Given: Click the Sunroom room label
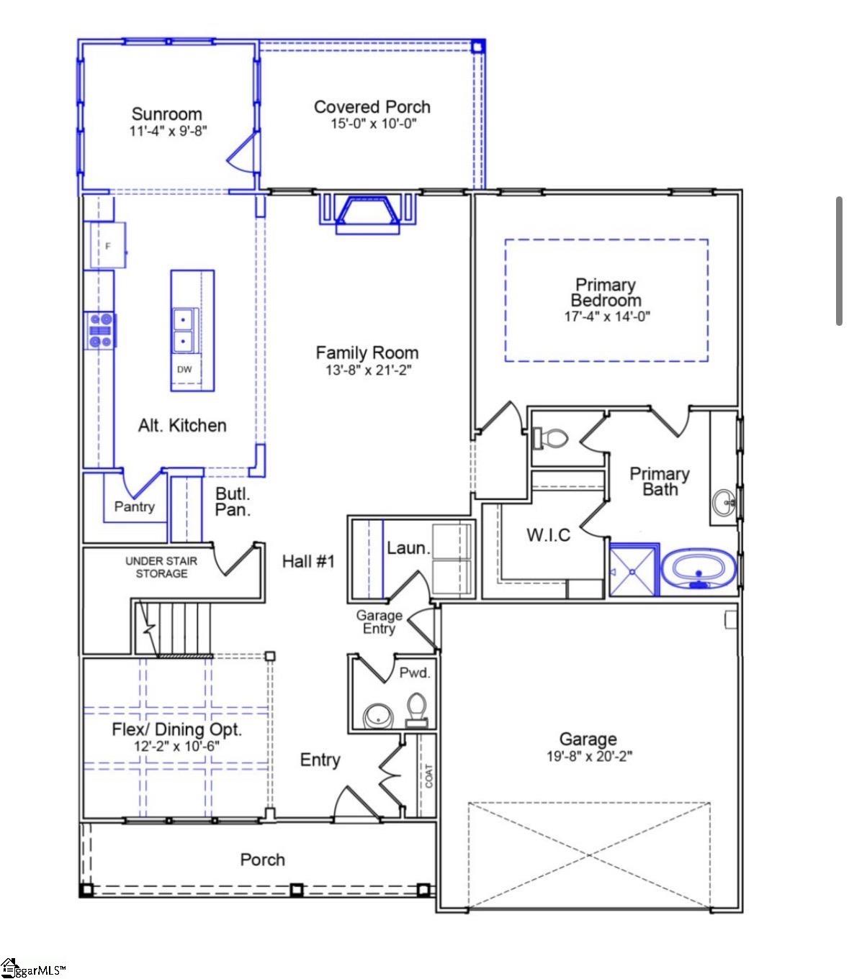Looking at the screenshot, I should (166, 114).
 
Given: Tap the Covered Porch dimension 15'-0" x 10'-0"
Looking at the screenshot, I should (372, 124).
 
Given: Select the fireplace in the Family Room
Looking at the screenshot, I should (368, 212).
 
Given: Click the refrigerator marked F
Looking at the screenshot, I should (107, 246).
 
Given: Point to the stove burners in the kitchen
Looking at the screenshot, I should (100, 331).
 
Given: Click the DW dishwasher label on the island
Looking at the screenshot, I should (184, 370).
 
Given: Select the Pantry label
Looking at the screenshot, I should (135, 506).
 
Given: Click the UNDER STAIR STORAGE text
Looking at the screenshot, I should (161, 567).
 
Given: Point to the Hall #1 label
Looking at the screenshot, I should (308, 561).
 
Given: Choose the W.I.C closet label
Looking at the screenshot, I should (548, 534).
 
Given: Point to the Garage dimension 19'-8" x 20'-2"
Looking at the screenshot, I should (589, 756).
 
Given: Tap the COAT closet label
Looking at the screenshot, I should (429, 775).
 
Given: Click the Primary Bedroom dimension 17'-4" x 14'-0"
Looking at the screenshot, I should (606, 317).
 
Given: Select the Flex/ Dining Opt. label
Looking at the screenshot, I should (176, 729).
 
